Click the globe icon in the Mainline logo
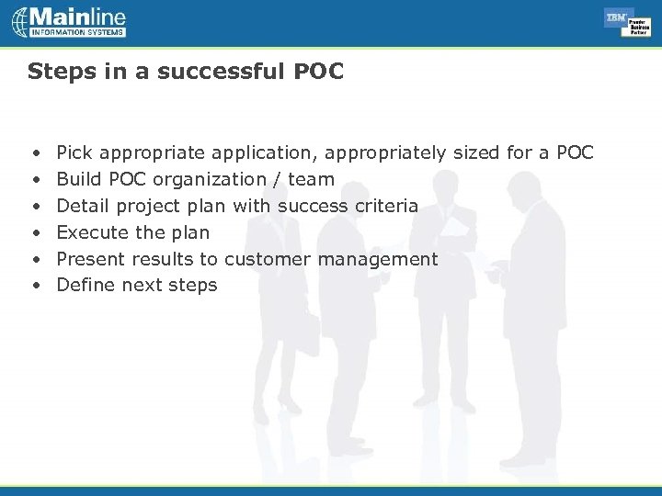point(20,22)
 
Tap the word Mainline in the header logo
point(77,17)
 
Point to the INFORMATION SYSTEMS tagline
point(77,33)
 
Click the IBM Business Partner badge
point(627,22)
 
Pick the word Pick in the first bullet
point(74,152)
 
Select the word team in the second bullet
point(311,179)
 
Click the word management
point(378,259)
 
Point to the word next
point(142,286)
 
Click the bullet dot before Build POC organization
point(35,179)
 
